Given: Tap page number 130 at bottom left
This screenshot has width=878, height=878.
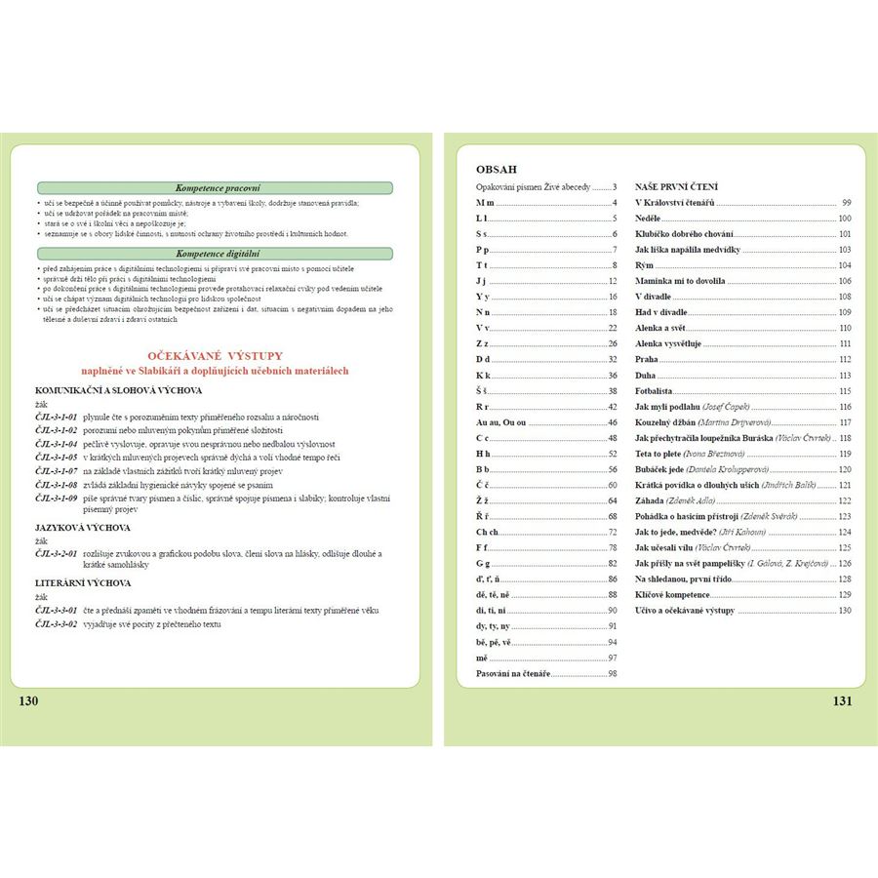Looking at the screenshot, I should click(x=29, y=700).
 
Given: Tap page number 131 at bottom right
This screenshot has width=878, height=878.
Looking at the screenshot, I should click(x=842, y=700).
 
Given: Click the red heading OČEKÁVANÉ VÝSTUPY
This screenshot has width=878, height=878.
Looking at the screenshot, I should click(x=215, y=356).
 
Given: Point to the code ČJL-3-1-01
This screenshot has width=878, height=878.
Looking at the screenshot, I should click(x=57, y=417).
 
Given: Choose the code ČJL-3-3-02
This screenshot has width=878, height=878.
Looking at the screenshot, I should click(x=57, y=623).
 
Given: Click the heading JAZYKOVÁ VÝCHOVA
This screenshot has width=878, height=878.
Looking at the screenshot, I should click(x=83, y=527).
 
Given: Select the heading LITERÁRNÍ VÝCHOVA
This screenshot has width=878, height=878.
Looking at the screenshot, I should click(x=83, y=582).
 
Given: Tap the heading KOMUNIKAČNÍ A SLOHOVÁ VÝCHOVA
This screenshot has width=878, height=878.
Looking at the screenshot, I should click(x=118, y=390).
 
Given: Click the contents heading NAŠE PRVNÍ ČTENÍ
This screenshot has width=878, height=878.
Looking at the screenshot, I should click(x=676, y=185).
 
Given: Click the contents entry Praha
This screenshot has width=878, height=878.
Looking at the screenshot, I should click(x=648, y=359).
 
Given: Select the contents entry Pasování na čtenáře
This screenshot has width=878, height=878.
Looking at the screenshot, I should click(x=512, y=673).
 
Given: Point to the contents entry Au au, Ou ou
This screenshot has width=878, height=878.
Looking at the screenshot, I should click(x=500, y=422).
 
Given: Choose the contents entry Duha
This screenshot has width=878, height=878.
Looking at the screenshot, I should click(x=646, y=375).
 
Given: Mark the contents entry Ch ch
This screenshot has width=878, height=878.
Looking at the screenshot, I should click(x=487, y=532).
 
